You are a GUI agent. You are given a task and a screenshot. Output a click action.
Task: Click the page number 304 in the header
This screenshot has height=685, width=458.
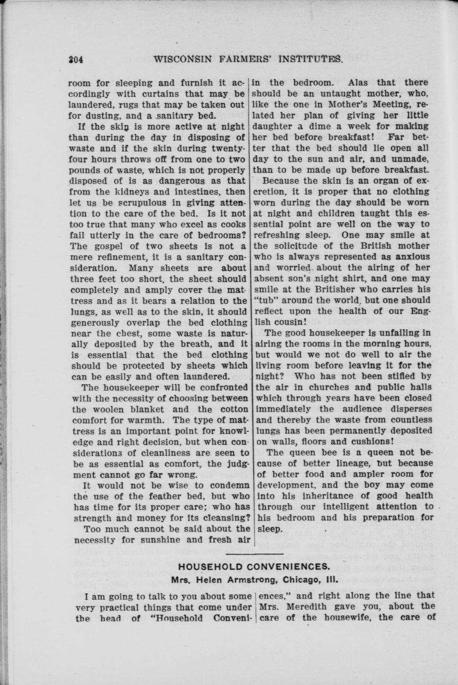click(75, 60)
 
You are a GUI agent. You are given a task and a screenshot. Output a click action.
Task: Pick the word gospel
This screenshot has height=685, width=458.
click(104, 246)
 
